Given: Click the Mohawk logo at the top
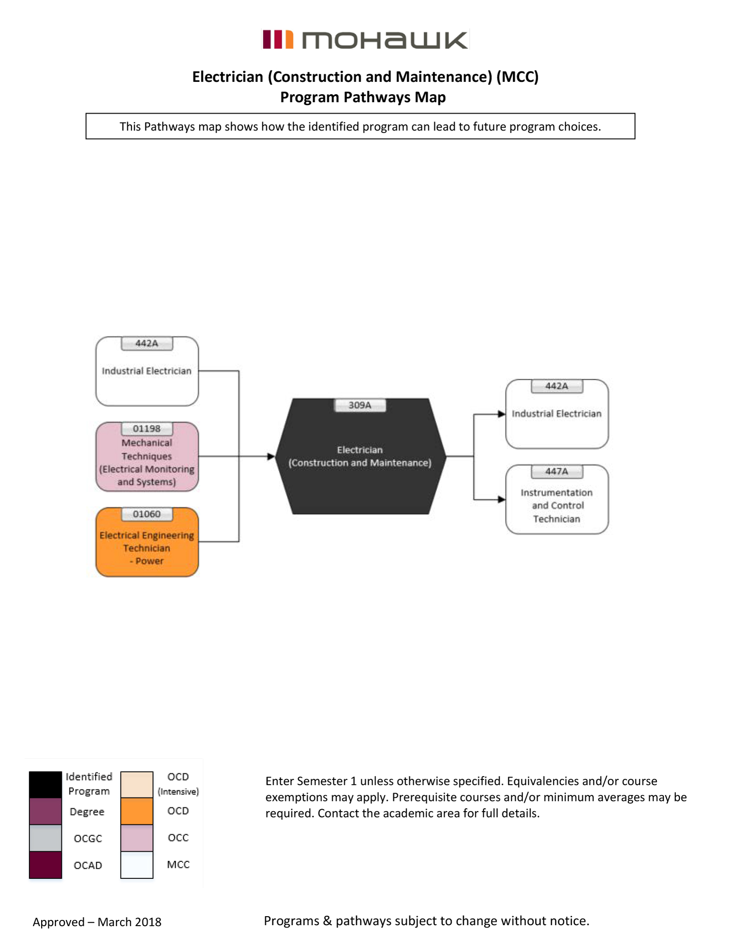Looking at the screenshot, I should pyautogui.click(x=365, y=40).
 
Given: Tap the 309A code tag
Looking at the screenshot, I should pyautogui.click(x=360, y=405).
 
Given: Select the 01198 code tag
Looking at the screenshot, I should pyautogui.click(x=147, y=429).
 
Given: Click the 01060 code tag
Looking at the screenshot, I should pyautogui.click(x=147, y=514).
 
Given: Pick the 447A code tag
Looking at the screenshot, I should pyautogui.click(x=557, y=472).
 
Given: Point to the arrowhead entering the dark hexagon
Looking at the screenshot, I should pyautogui.click(x=271, y=456).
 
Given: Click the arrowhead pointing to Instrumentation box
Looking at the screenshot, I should pyautogui.click(x=501, y=499).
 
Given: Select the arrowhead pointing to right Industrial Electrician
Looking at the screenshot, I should pyautogui.click(x=501, y=414).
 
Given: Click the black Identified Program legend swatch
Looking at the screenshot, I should pyautogui.click(x=45, y=785).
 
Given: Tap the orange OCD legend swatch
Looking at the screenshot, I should pyautogui.click(x=137, y=811).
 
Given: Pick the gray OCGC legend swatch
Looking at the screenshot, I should pyautogui.click(x=45, y=838).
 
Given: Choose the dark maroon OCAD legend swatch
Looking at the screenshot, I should pyautogui.click(x=45, y=865).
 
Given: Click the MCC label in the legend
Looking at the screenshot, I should pyautogui.click(x=178, y=865).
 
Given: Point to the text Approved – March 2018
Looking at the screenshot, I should pyautogui.click(x=97, y=922).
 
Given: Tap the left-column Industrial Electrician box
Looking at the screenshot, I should pyautogui.click(x=147, y=371).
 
